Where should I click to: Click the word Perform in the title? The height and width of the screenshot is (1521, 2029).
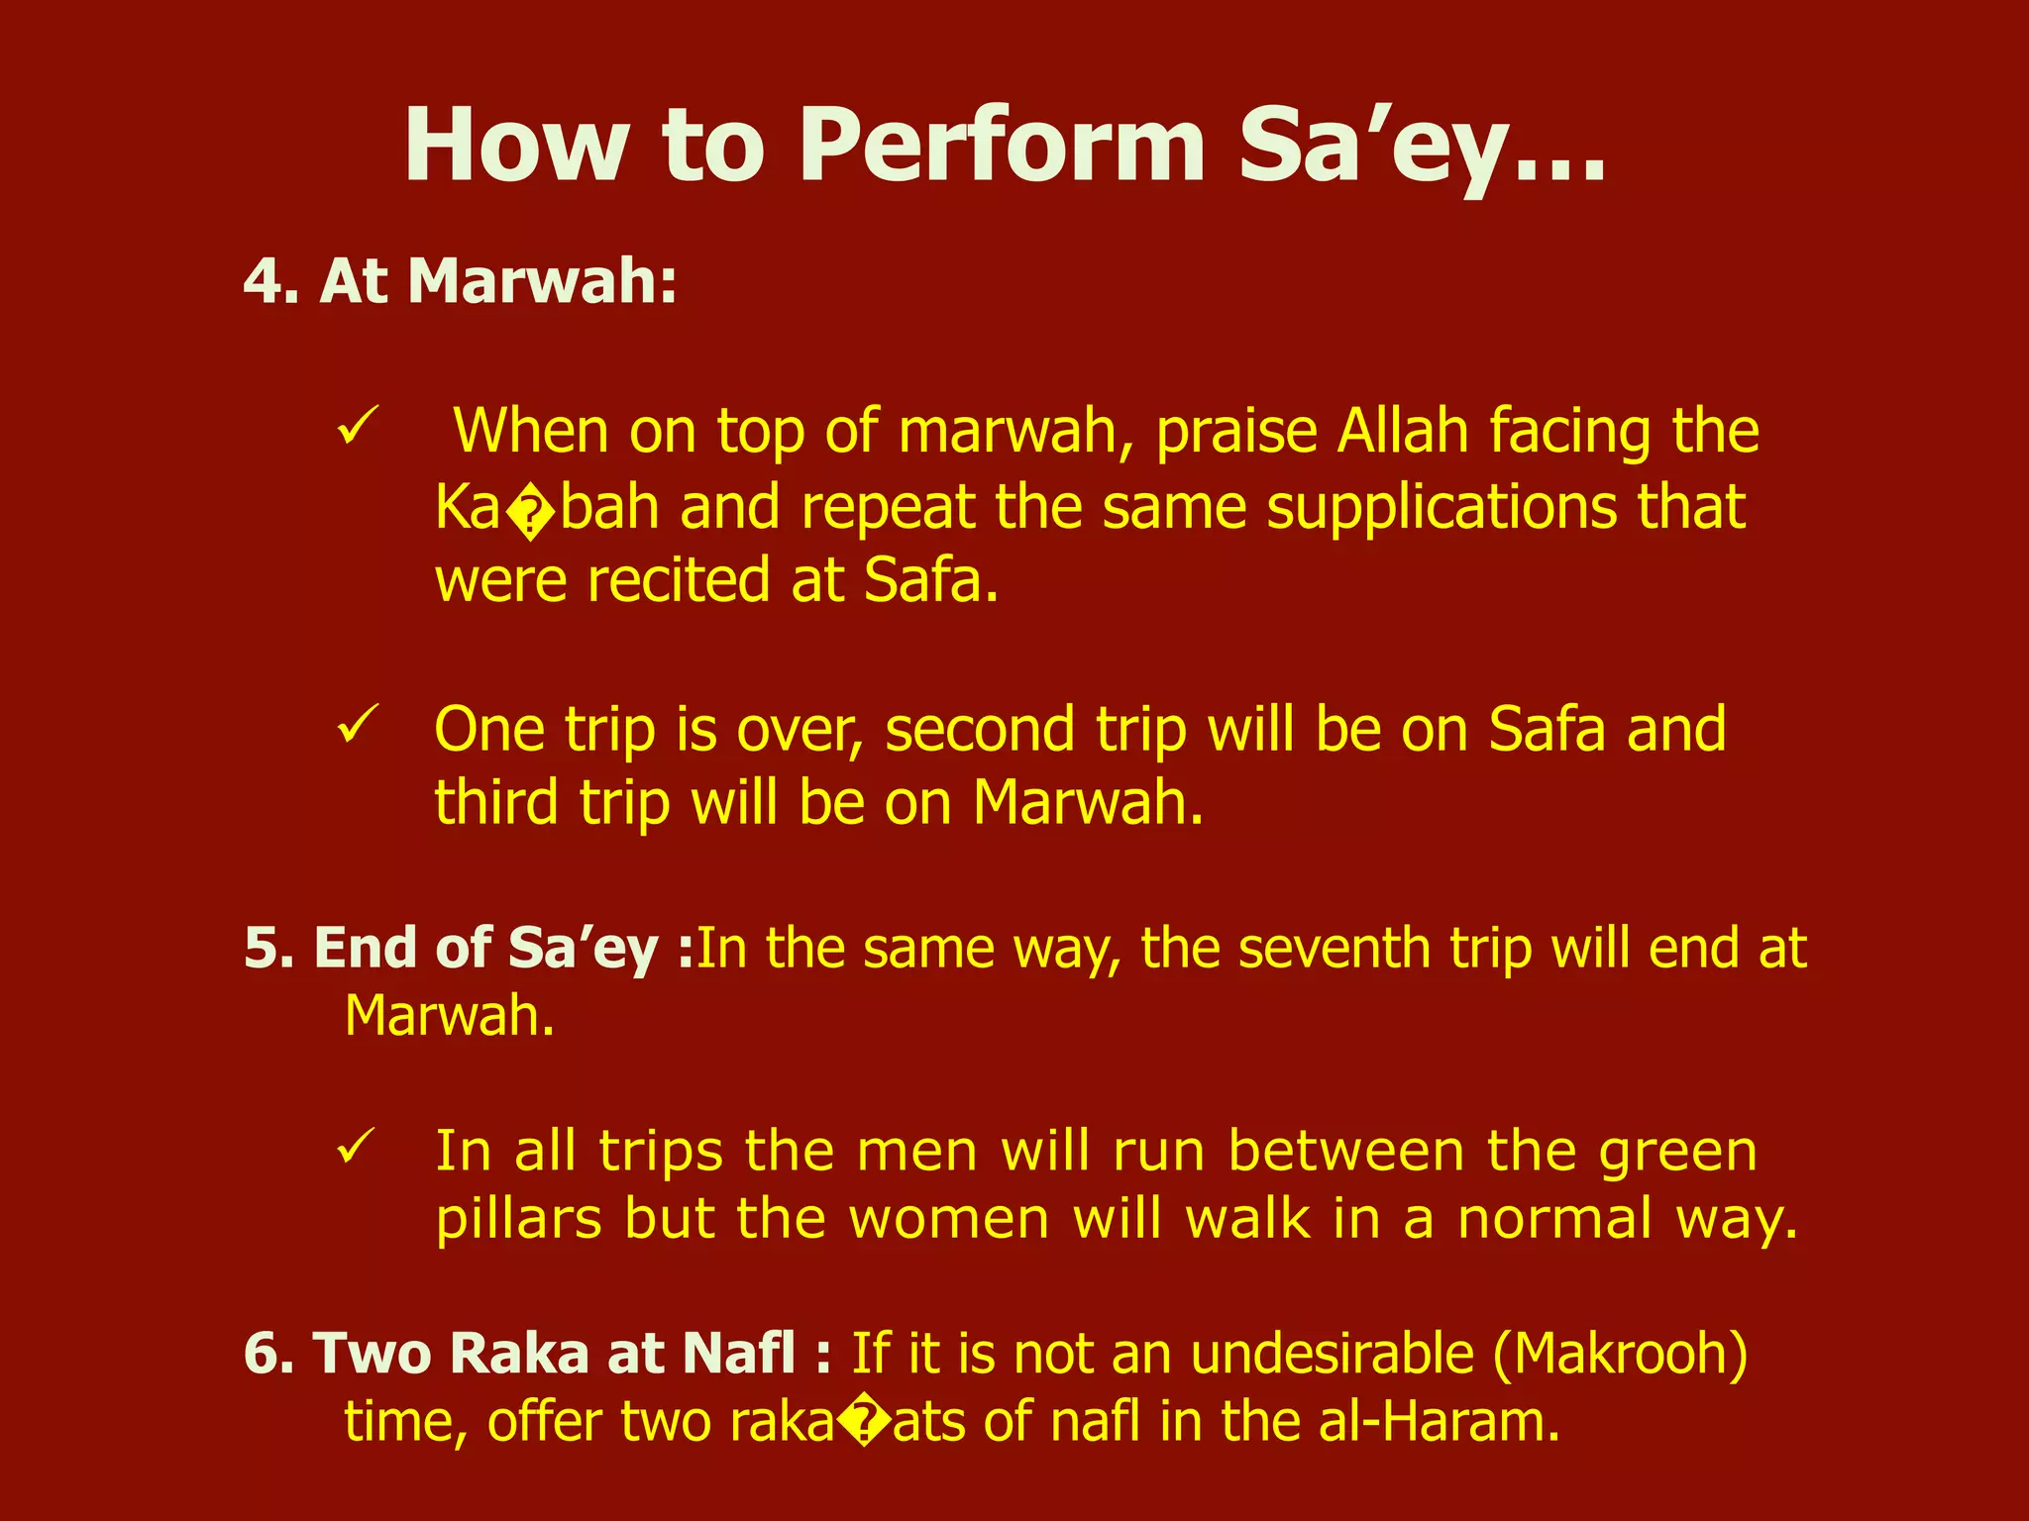point(1009,147)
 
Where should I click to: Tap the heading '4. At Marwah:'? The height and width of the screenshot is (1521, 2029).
point(461,281)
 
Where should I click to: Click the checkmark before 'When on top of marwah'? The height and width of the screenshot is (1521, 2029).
point(357,428)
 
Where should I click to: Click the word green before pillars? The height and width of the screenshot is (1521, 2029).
point(1673,1153)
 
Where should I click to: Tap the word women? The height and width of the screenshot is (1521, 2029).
point(949,1219)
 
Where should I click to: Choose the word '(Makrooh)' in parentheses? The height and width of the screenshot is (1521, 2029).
point(1621,1354)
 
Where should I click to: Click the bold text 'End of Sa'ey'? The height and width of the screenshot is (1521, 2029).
point(485,949)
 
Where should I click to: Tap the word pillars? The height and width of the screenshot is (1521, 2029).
point(519,1219)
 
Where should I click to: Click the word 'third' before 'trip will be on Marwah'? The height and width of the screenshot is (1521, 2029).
point(496,802)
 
